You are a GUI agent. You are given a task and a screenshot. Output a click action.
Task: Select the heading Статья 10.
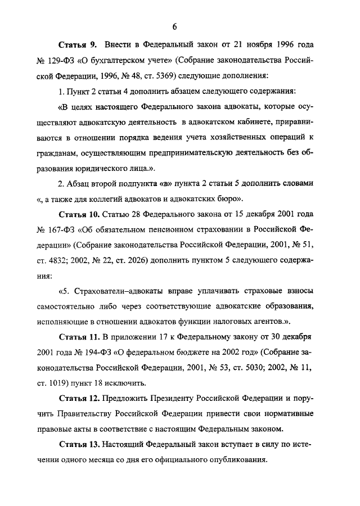coord(80,215)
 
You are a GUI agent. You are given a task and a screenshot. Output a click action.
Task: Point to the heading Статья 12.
coord(80,399)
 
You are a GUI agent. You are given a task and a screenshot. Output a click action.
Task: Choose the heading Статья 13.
coord(80,444)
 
